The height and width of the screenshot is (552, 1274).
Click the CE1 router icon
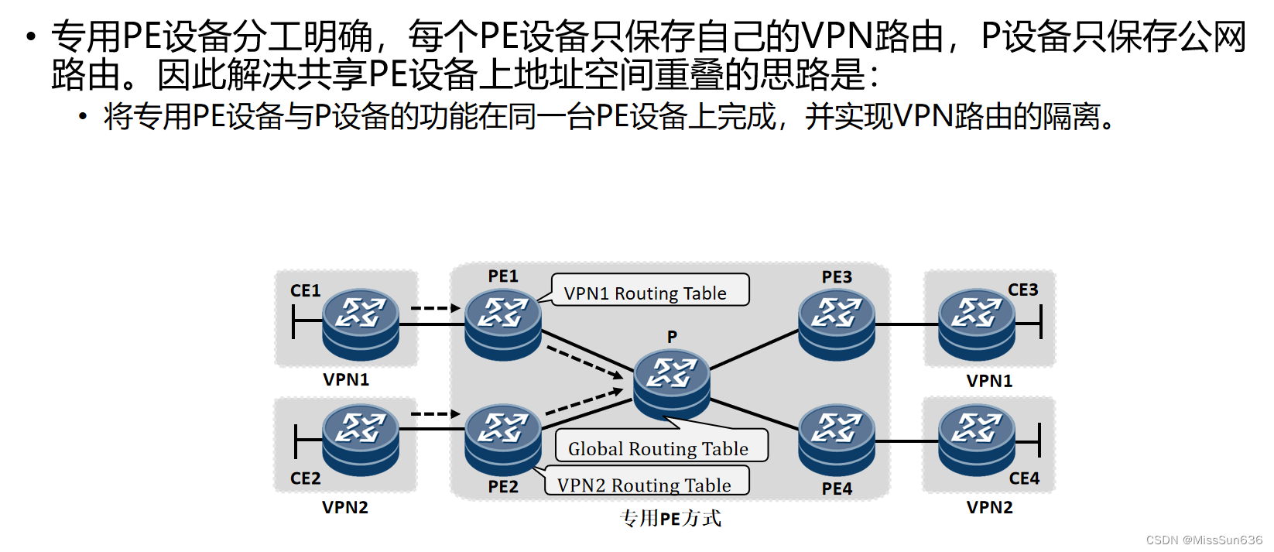[x=361, y=324]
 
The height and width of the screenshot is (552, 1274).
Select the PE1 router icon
[x=503, y=324]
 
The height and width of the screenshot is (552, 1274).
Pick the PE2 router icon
[x=503, y=439]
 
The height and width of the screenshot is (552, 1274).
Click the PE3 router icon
[x=837, y=324]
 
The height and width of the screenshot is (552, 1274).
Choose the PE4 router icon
[x=837, y=441]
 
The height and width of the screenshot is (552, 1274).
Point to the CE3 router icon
[x=977, y=324]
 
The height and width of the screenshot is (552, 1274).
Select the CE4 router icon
[x=977, y=441]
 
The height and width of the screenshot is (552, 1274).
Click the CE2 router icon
[x=361, y=439]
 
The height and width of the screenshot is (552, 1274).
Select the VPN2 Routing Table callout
[x=644, y=485]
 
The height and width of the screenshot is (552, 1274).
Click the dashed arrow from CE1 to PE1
[x=435, y=308]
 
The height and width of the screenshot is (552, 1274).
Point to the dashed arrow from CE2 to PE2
[x=435, y=414]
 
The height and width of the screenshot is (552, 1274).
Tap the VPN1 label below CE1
[x=346, y=380]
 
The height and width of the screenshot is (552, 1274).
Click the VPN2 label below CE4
[x=989, y=508]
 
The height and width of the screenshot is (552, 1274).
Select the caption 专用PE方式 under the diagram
[x=670, y=518]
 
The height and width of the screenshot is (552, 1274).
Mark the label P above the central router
[x=672, y=337]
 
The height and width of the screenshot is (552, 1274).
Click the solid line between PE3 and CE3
[x=906, y=324]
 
